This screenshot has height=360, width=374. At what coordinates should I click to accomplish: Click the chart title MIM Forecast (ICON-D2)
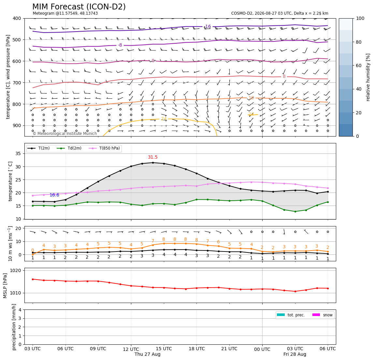pyautogui.click(x=79, y=7)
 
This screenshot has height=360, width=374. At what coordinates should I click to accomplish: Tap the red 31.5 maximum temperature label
pyautogui.click(x=153, y=157)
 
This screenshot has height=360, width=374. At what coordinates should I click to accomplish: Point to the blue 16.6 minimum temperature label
pyautogui.click(x=54, y=195)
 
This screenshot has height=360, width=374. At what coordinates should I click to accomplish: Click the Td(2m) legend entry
pyautogui.click(x=69, y=148)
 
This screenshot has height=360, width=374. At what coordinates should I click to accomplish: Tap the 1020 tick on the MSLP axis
pyautogui.click(x=16, y=270)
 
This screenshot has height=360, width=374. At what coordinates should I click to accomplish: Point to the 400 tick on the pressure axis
pyautogui.click(x=17, y=18)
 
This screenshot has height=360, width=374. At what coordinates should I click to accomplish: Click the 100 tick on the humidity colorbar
pyautogui.click(x=360, y=18)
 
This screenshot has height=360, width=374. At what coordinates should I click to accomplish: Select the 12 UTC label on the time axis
pyautogui.click(x=131, y=349)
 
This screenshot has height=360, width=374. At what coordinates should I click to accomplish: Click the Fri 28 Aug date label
pyautogui.click(x=295, y=354)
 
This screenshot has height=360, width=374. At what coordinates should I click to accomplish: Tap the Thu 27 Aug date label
pyautogui.click(x=147, y=354)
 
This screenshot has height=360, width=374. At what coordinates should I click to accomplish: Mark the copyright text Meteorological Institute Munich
pyautogui.click(x=65, y=134)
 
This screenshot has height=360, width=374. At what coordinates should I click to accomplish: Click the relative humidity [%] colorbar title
pyautogui.click(x=368, y=77)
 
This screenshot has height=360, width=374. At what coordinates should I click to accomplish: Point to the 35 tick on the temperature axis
pyautogui.click(x=18, y=154)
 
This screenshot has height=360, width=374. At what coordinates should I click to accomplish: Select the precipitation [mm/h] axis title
pyautogui.click(x=14, y=327)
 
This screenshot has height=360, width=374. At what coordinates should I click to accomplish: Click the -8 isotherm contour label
pyautogui.click(x=120, y=45)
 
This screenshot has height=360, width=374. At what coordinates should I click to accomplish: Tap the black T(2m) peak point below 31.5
pyautogui.click(x=153, y=163)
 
